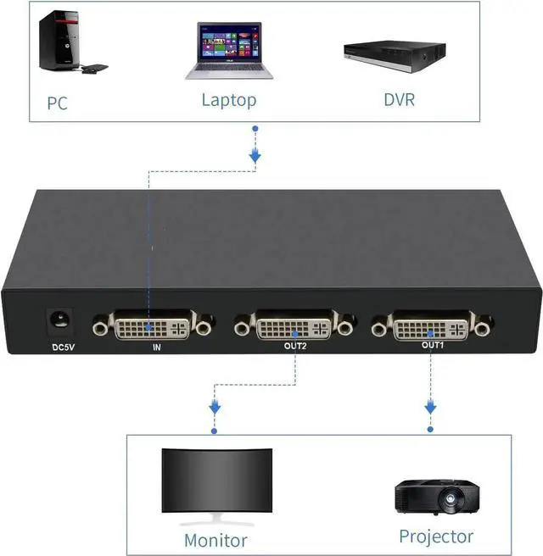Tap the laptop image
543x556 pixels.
[x=228, y=52]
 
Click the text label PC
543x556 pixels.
[x=57, y=104]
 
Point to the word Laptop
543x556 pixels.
[x=228, y=100]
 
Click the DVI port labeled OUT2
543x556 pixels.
[x=294, y=325]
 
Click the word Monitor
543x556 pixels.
[x=216, y=540]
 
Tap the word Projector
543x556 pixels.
[x=436, y=537]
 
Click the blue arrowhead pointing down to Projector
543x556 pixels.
[x=430, y=409]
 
